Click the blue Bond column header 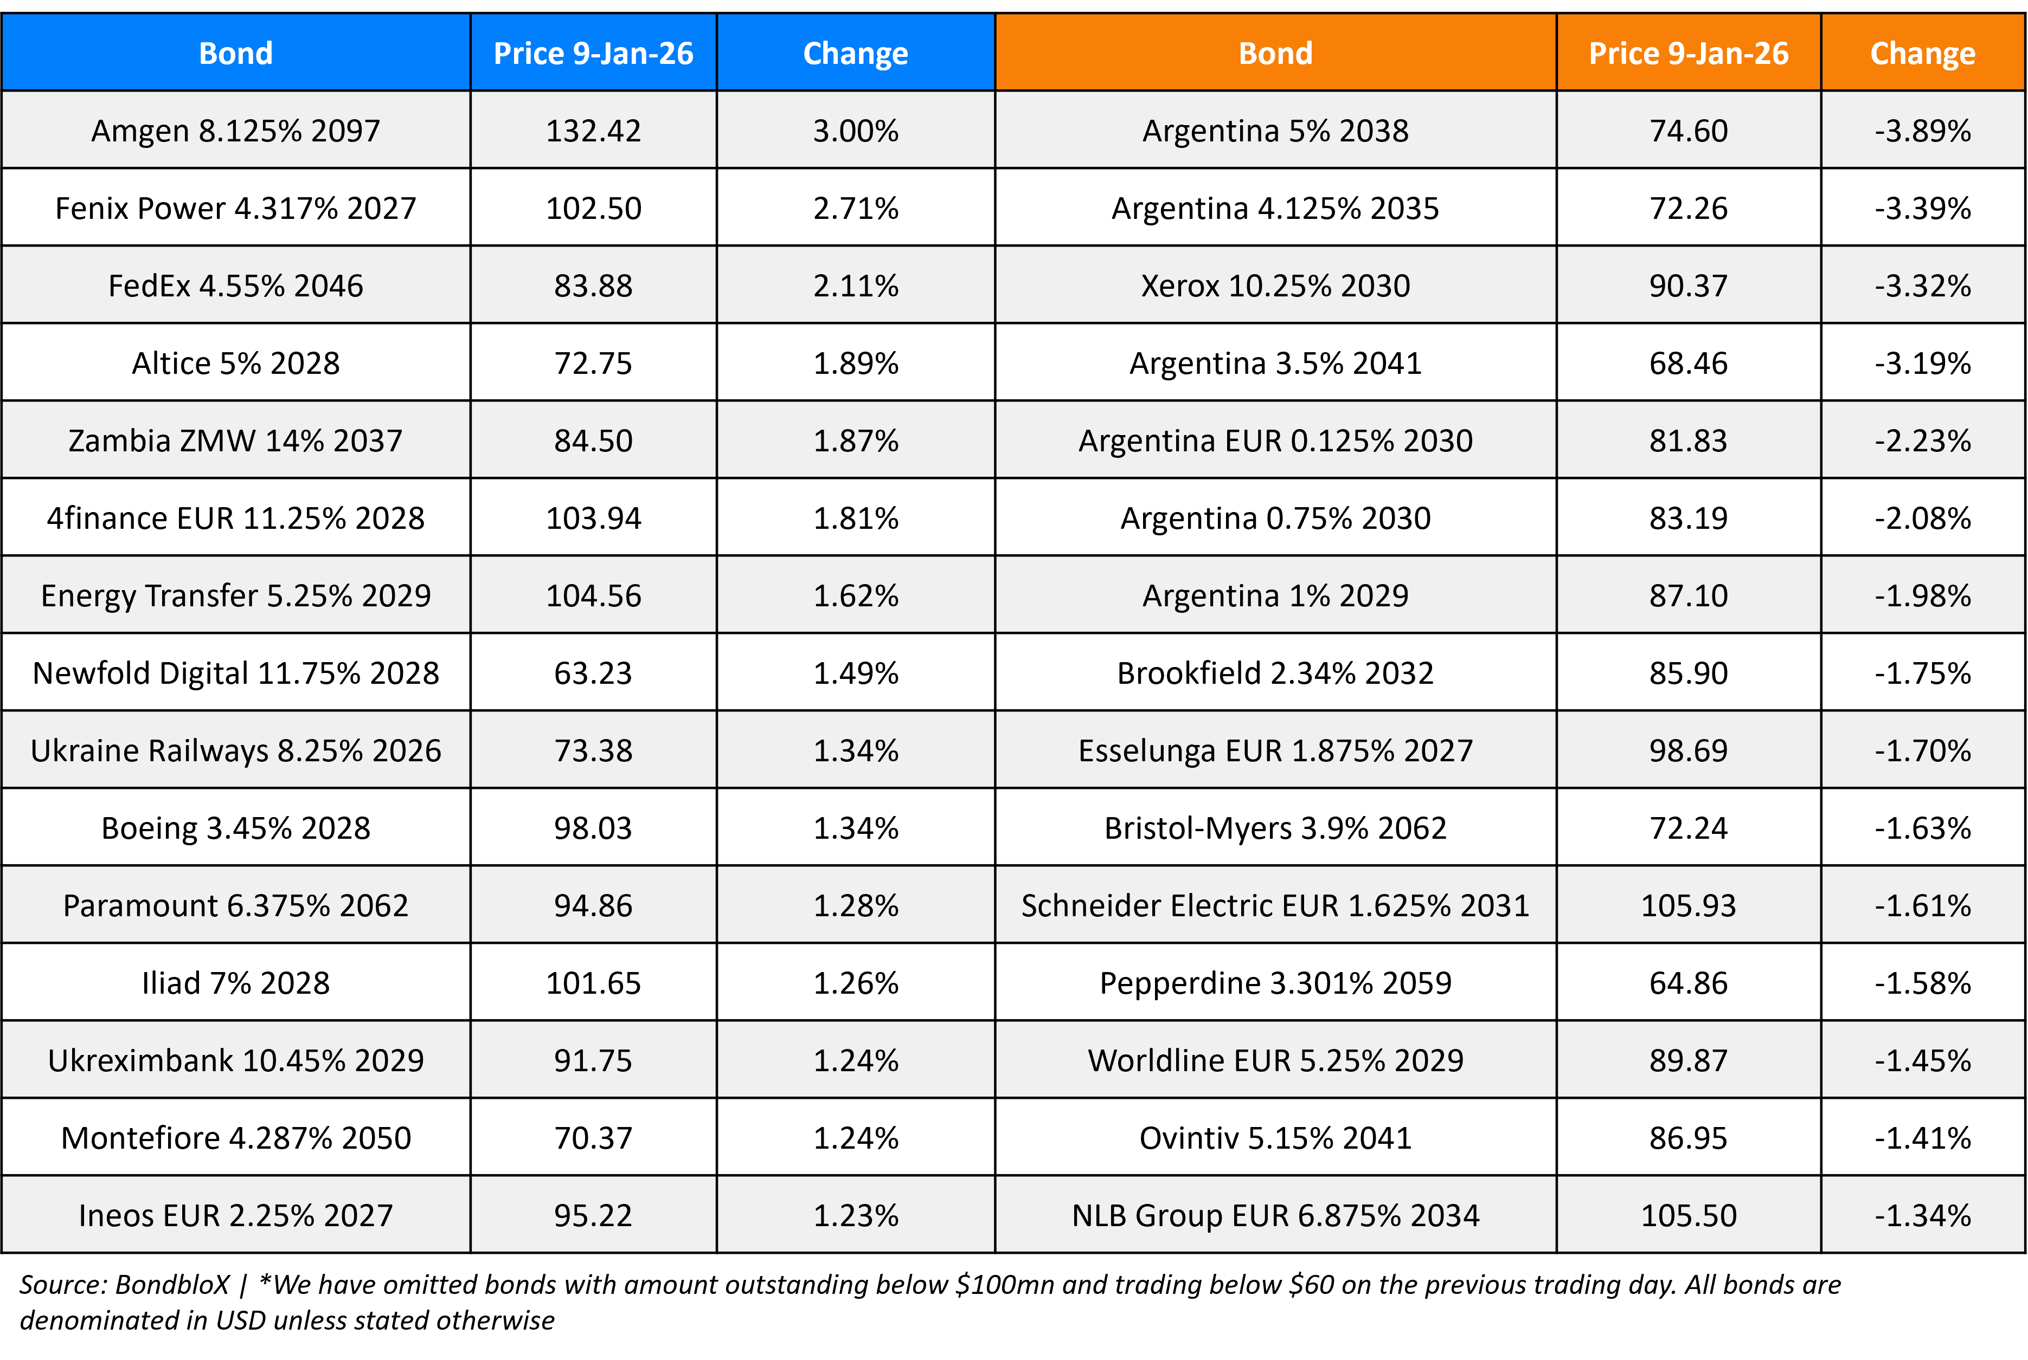(235, 54)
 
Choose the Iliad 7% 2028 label (235, 983)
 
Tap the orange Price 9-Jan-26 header (1688, 54)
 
